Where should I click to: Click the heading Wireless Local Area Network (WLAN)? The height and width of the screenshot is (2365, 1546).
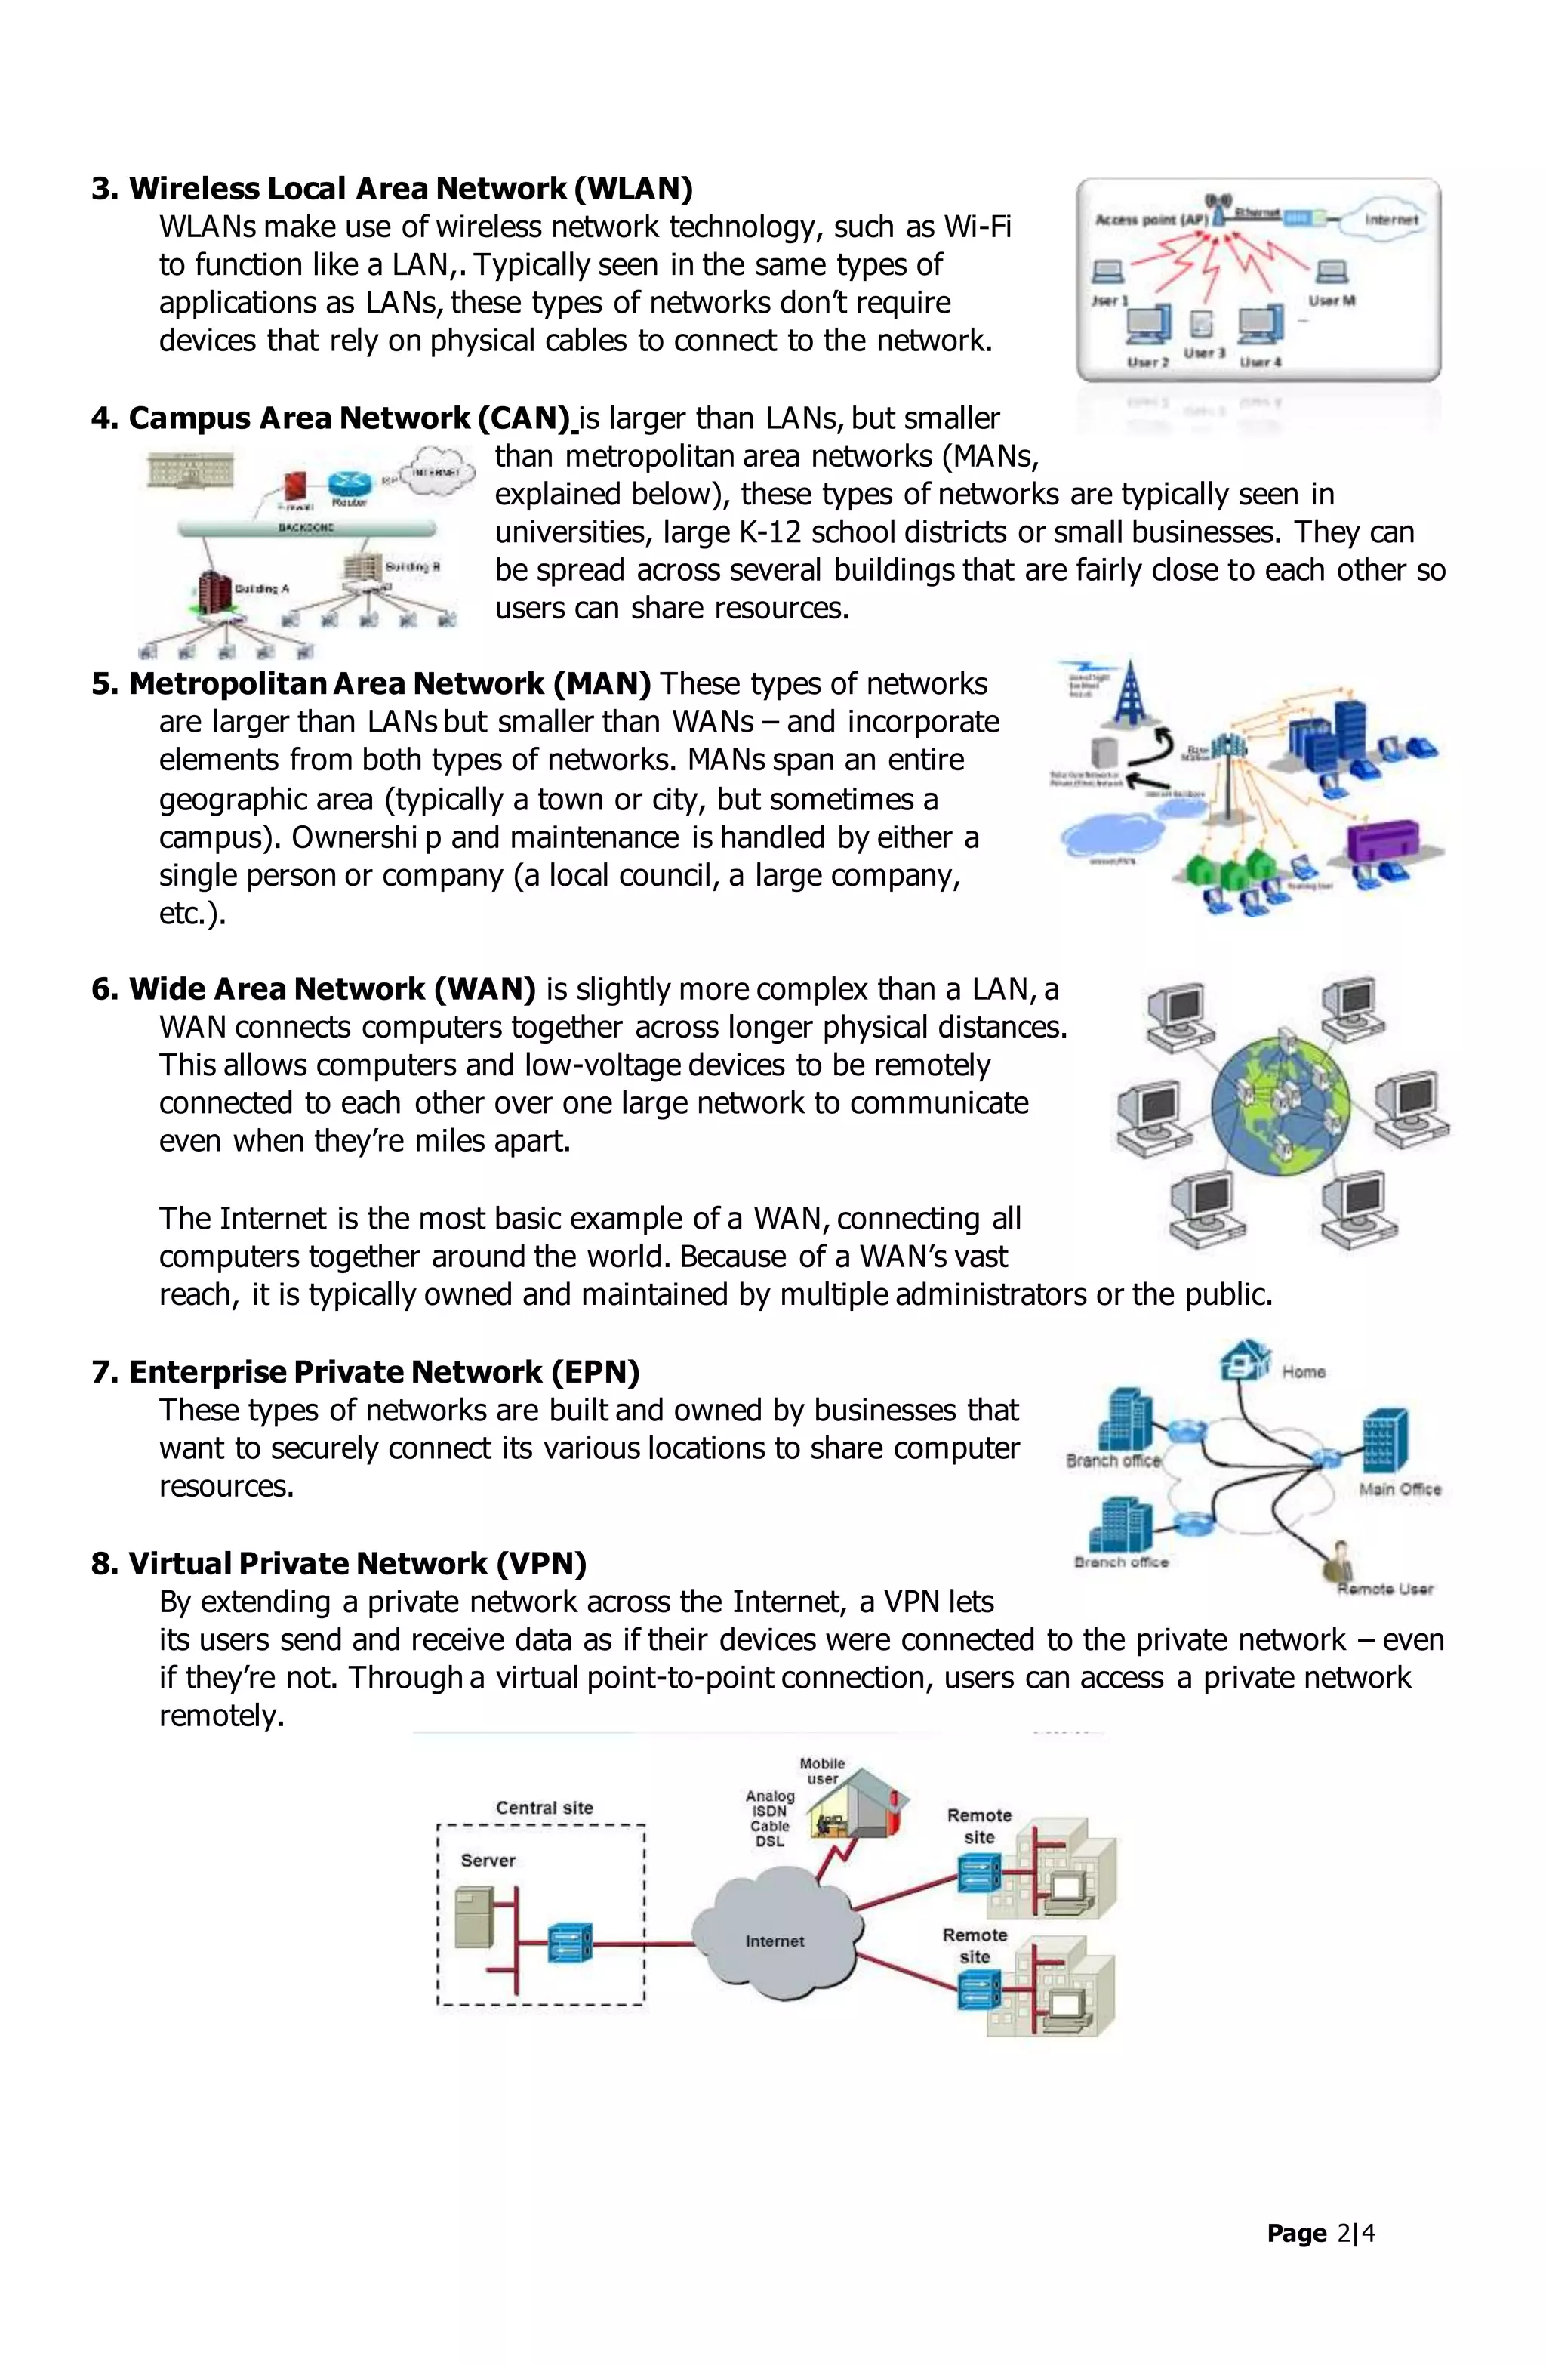(x=392, y=189)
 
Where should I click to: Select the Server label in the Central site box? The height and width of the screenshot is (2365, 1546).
(x=488, y=1860)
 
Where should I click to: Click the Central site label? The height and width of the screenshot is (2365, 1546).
(x=544, y=1808)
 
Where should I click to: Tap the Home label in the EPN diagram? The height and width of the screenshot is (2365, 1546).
(x=1304, y=1371)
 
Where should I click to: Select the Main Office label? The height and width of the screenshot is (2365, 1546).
(x=1399, y=1488)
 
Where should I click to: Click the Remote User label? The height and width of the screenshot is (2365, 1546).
(x=1385, y=1589)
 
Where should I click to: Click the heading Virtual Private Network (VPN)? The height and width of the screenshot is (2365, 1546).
(x=339, y=1563)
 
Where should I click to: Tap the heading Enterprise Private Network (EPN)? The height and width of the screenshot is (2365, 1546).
(x=365, y=1372)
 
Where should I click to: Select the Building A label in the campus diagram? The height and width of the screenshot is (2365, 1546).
(x=261, y=588)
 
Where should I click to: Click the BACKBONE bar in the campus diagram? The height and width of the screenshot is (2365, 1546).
(x=306, y=528)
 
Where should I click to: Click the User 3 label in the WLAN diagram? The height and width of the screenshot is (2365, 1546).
(x=1204, y=353)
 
